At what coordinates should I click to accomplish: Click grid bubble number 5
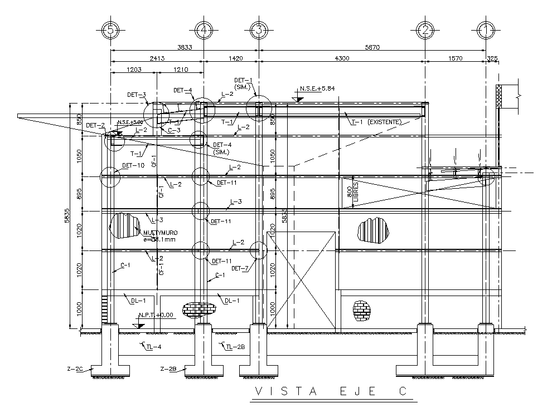pos(110,30)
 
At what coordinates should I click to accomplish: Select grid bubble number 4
pos(204,30)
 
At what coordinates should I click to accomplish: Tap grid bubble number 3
pos(258,30)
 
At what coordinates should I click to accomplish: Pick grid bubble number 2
pos(425,30)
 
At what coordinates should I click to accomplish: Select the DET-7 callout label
pos(240,268)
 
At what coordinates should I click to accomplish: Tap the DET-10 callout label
pos(133,165)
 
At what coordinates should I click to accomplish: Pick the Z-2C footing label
pos(75,369)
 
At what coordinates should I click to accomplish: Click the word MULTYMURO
pos(158,233)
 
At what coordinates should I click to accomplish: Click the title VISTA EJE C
pos(331,392)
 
